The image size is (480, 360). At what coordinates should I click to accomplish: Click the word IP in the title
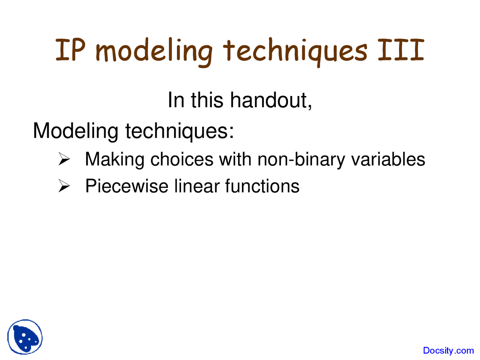70,50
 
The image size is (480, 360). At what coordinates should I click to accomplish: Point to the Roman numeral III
401,50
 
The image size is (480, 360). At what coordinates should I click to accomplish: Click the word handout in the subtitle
271,100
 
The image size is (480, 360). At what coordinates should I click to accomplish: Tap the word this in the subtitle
207,100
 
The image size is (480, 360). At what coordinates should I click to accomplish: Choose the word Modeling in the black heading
76,131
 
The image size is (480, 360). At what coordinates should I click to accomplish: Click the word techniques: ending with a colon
180,131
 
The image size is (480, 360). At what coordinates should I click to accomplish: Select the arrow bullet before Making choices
64,159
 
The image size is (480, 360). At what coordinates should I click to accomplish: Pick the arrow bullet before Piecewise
64,186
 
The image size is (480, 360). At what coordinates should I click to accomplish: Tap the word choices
182,159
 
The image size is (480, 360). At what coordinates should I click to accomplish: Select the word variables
388,159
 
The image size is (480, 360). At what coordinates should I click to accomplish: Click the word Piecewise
127,186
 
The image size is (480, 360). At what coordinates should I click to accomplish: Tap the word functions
262,186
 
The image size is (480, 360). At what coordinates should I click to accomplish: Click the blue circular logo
25,337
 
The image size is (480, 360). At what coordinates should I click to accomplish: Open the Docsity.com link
448,350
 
